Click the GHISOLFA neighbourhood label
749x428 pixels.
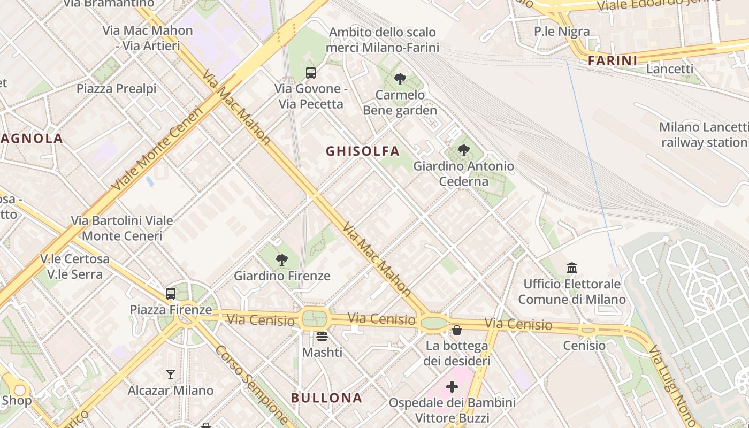pos(363,151)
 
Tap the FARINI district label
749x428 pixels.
pos(613,60)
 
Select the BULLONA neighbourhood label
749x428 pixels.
pos(326,398)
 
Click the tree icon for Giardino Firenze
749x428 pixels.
pos(281,260)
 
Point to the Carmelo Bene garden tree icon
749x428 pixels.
pos(400,79)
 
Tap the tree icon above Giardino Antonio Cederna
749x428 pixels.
pos(463,150)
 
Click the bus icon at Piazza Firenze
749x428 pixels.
pos(171,293)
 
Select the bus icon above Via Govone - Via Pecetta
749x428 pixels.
pos(310,72)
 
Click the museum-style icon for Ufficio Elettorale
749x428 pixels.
pos(571,267)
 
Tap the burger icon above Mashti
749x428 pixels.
pos(322,336)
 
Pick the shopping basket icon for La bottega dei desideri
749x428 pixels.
pos(456,330)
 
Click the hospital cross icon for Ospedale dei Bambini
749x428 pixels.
pos(452,386)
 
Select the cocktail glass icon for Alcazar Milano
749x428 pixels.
pos(171,374)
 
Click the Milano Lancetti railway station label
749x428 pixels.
pos(704,135)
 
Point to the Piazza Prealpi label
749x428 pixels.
pos(116,88)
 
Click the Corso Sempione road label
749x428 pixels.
pos(252,384)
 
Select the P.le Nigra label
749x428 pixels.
pos(562,32)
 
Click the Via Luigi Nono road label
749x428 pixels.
pos(671,384)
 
